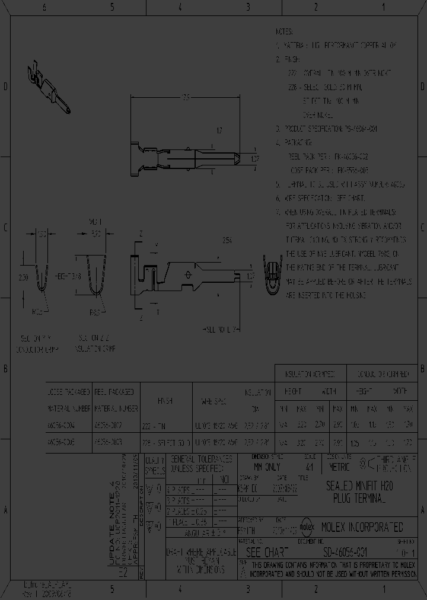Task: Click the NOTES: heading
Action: click(286, 30)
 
